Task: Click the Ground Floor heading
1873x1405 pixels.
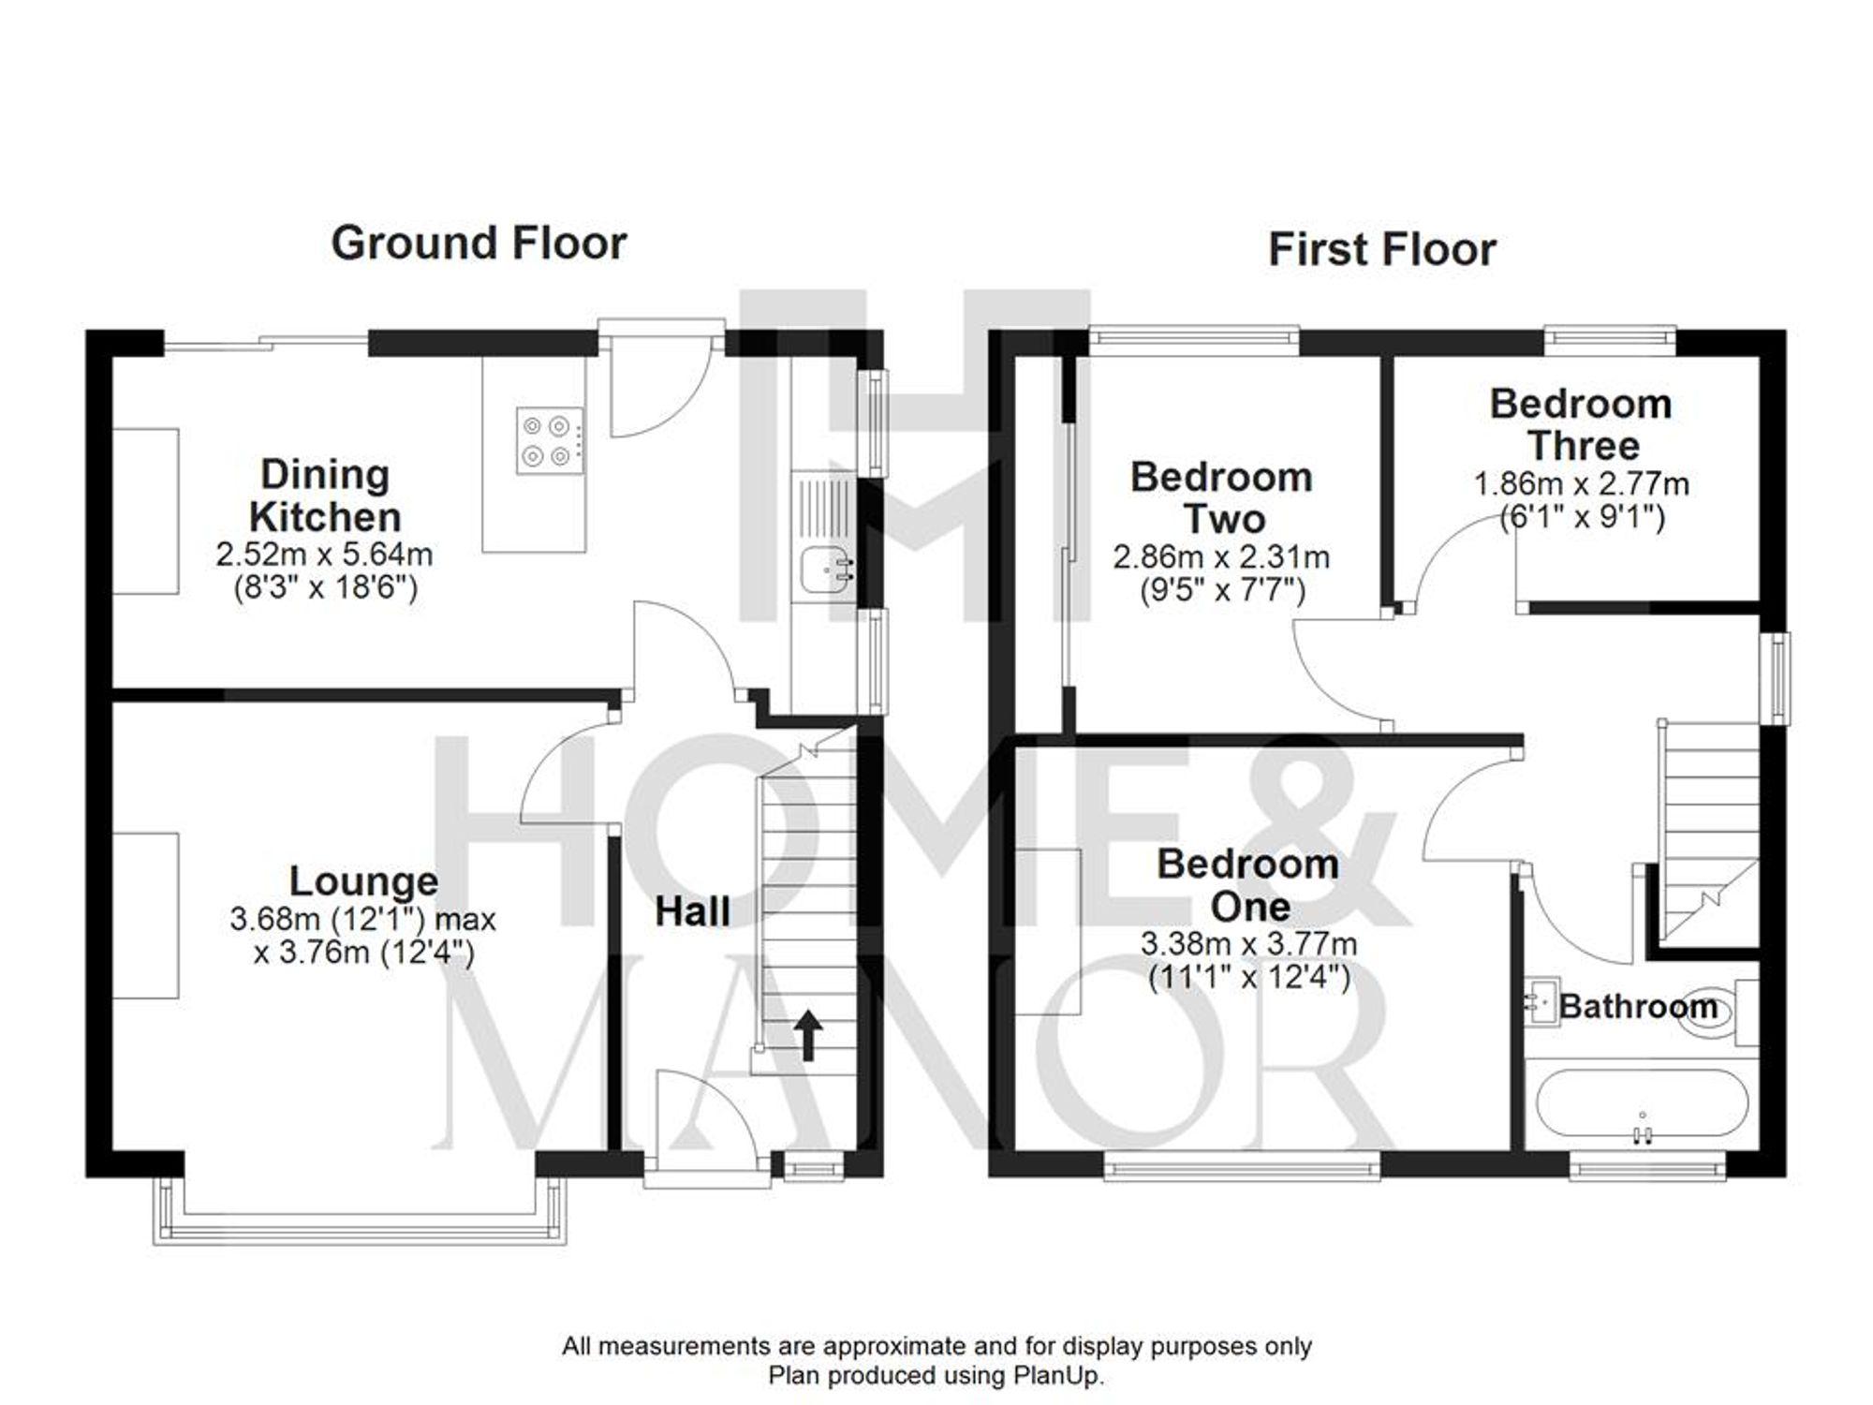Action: pyautogui.click(x=479, y=244)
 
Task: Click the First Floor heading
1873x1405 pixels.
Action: pyautogui.click(x=1381, y=250)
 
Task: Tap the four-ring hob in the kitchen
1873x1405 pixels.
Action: pyautogui.click(x=548, y=441)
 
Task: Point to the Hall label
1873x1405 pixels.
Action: pyautogui.click(x=692, y=912)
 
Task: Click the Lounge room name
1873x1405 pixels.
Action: pyautogui.click(x=363, y=881)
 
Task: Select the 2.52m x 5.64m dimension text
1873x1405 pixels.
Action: pyautogui.click(x=324, y=555)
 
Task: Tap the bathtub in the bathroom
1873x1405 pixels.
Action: pyautogui.click(x=1642, y=1105)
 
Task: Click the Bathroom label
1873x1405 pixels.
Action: pyautogui.click(x=1638, y=1007)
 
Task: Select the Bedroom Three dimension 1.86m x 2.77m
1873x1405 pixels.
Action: pyautogui.click(x=1581, y=485)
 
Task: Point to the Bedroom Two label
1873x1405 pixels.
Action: pyautogui.click(x=1221, y=498)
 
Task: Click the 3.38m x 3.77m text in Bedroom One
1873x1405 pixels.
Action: pyautogui.click(x=1248, y=944)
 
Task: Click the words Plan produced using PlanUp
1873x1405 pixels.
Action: pyautogui.click(x=936, y=1376)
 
